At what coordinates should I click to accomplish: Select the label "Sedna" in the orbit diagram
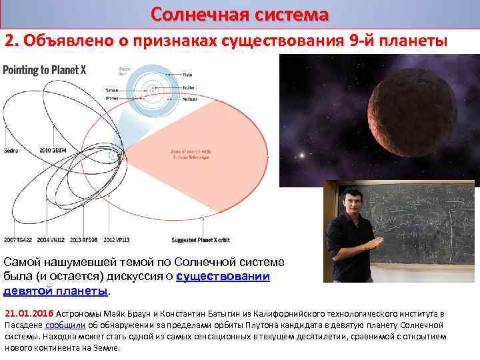(x=11, y=151)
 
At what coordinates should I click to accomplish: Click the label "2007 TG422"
(x=18, y=238)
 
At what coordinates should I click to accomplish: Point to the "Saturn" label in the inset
(x=112, y=89)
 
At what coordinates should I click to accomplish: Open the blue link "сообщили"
(x=65, y=325)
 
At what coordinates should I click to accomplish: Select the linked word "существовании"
(x=223, y=276)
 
